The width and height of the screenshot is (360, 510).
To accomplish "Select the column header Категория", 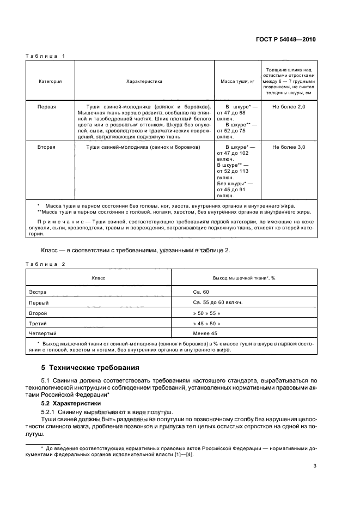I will click(x=50, y=81).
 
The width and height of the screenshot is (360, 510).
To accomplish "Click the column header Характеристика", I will click(x=144, y=81).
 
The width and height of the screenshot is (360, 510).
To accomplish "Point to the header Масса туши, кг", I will click(x=237, y=81).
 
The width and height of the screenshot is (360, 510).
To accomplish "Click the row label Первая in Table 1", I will click(x=47, y=107).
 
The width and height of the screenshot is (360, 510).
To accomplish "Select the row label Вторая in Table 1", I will click(x=46, y=147).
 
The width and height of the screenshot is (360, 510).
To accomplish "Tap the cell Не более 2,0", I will click(x=289, y=107).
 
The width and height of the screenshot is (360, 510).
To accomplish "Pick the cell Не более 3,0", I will click(x=289, y=147).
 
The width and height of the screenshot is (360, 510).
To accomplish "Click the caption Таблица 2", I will click(x=46, y=264).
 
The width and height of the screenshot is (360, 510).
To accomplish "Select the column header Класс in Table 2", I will click(x=99, y=278).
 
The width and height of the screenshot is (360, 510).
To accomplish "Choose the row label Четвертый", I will click(x=43, y=332).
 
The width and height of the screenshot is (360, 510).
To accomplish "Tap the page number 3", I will click(x=315, y=466).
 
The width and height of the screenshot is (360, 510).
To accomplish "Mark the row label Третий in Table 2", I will click(x=38, y=323).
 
